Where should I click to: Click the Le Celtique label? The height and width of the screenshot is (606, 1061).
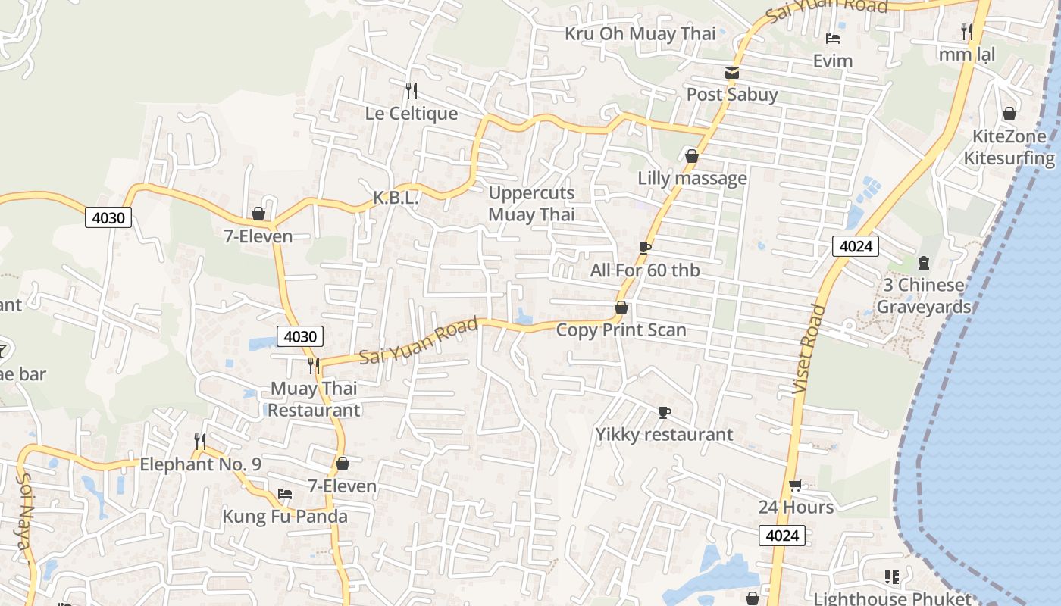tap(412, 114)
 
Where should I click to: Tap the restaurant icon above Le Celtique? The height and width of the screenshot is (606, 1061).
tap(412, 91)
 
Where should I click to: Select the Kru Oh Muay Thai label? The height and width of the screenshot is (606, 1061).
tap(640, 33)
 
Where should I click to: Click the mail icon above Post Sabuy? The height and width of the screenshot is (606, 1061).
tap(732, 73)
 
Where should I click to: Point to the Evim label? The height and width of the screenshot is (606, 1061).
tap(833, 61)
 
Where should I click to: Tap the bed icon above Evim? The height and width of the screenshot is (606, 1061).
tap(833, 39)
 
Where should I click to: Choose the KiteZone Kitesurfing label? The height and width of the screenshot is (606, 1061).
tap(1009, 147)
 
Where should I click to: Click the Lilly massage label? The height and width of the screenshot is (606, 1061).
tap(692, 179)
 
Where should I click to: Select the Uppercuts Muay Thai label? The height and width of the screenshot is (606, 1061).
tap(531, 204)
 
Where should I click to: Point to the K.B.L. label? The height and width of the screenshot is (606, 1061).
tap(396, 198)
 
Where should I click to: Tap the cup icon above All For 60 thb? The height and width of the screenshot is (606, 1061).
tap(645, 248)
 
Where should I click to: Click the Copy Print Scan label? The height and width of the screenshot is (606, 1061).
tap(621, 330)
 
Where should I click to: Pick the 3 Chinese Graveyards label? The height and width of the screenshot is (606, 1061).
tap(923, 296)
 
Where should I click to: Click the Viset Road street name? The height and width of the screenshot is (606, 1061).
tap(808, 348)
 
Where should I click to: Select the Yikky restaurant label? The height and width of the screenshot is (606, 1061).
tap(664, 435)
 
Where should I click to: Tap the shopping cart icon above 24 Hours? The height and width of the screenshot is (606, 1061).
tap(795, 485)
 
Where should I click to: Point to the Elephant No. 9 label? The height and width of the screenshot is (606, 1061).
tap(200, 464)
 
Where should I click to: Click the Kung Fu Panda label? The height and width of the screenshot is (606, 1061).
tap(285, 517)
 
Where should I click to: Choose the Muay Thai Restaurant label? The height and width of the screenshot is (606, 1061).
tap(314, 399)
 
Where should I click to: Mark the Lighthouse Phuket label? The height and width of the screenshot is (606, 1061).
tap(892, 598)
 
